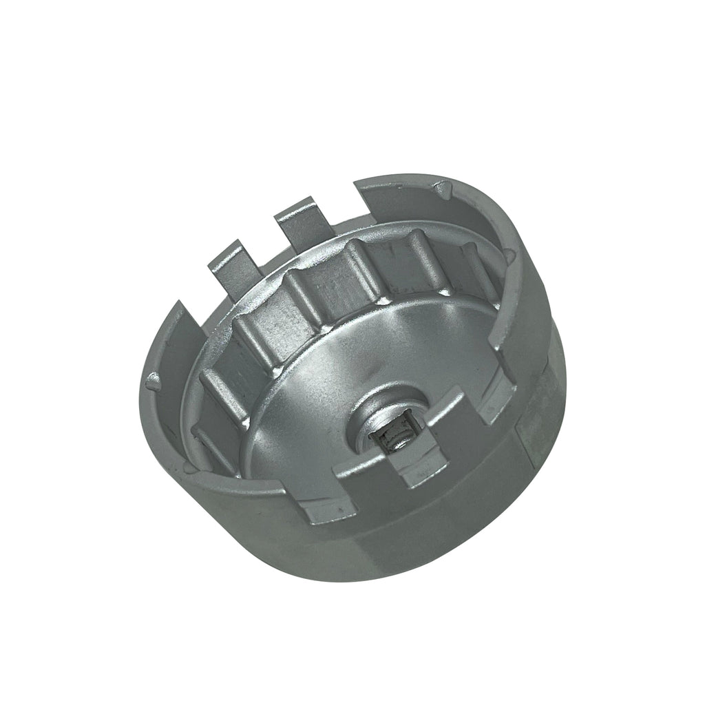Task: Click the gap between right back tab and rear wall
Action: tap(341, 203)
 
